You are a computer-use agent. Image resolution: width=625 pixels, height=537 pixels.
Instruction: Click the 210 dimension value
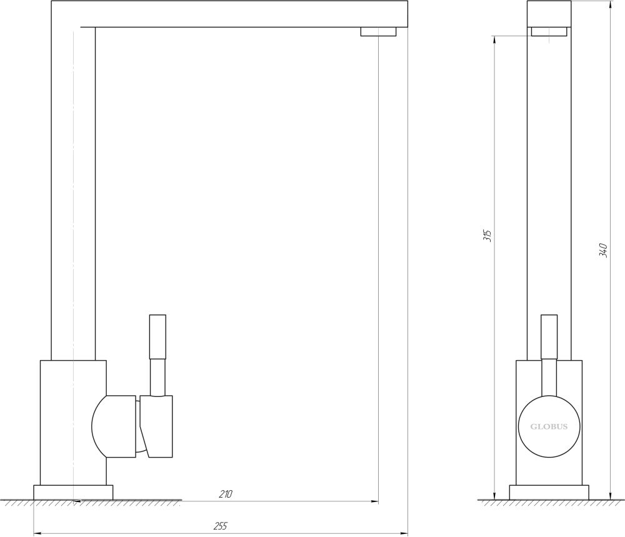click(225, 494)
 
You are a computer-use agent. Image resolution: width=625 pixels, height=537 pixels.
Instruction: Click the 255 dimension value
click(220, 526)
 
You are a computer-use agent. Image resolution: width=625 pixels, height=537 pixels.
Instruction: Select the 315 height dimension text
click(487, 236)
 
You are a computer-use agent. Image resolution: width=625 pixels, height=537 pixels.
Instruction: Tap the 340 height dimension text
click(604, 250)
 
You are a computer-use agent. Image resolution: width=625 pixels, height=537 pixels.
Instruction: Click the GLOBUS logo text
click(549, 426)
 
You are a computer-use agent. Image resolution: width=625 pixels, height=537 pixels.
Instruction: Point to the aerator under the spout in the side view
click(379, 31)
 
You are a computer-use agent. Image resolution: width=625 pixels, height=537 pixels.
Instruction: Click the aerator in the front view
click(549, 31)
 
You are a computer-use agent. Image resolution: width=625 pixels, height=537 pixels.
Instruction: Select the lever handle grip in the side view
click(157, 337)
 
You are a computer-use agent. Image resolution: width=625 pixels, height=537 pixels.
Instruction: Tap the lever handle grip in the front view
click(549, 337)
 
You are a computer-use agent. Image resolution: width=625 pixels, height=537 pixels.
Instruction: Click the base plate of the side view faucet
click(73, 493)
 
